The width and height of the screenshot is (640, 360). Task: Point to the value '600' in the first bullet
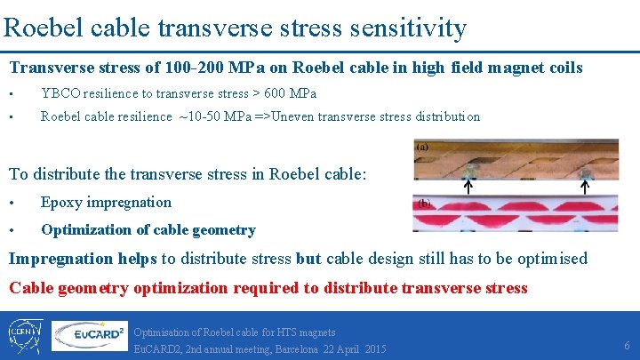point(277,93)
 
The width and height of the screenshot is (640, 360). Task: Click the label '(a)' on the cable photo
point(423,146)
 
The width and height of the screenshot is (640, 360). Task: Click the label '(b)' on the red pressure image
point(425,203)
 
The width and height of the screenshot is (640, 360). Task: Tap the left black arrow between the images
point(469,187)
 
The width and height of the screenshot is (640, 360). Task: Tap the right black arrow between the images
point(585,187)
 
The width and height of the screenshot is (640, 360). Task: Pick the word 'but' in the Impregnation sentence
point(308,259)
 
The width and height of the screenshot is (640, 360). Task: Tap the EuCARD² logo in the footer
point(89,335)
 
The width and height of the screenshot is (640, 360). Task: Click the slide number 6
point(627,344)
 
